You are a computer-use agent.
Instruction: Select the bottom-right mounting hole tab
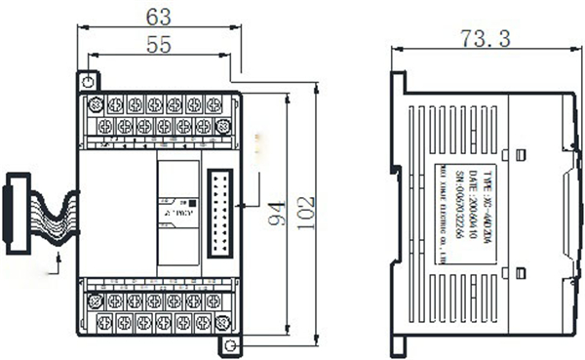pyautogui.click(x=230, y=345)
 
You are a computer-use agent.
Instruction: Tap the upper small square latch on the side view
pyautogui.click(x=521, y=152)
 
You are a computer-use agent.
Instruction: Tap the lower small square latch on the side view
pyautogui.click(x=521, y=271)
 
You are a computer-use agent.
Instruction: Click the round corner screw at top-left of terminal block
pyautogui.click(x=96, y=103)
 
